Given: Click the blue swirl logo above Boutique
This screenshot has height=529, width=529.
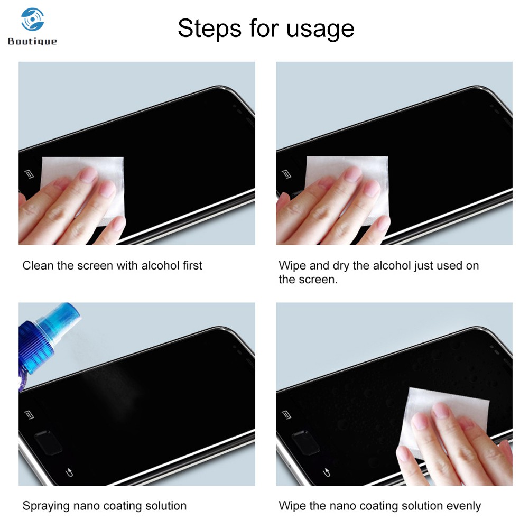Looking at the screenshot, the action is tap(32, 19).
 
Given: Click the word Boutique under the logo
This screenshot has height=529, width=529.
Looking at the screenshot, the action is tap(32, 41).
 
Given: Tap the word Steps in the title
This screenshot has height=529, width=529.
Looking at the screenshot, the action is tap(209, 29).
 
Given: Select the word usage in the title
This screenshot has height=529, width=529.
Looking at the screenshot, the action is tap(320, 30).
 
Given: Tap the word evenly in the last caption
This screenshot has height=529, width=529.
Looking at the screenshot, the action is tap(463, 506).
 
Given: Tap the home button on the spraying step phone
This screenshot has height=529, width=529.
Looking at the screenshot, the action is tap(48, 442).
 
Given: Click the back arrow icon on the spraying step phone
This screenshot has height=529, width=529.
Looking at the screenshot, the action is tap(69, 472).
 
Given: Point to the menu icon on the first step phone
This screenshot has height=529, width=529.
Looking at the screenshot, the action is tap(29, 174).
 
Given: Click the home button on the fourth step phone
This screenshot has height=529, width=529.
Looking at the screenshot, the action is tap(305, 442).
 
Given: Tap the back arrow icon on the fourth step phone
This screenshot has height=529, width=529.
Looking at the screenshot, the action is tap(326, 472).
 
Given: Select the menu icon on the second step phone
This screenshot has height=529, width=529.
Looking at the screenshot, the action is tap(286, 174).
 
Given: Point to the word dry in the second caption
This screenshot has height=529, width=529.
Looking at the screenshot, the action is tap(341, 266).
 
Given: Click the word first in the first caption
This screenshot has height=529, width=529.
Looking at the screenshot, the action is tap(192, 265).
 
